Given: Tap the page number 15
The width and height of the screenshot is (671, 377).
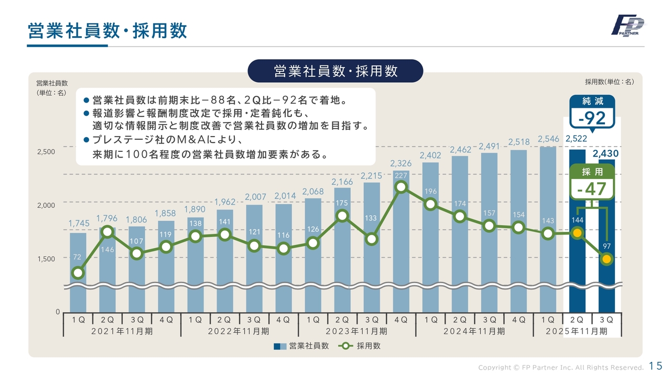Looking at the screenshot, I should pyautogui.click(x=655, y=365).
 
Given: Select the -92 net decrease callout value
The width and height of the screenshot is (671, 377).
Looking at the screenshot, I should pyautogui.click(x=592, y=119).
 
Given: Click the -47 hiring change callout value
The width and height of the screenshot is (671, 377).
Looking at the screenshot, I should pyautogui.click(x=592, y=189).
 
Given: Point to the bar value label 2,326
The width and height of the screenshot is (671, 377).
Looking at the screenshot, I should pyautogui.click(x=401, y=164).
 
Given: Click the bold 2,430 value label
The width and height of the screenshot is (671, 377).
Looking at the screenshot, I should pyautogui.click(x=605, y=154).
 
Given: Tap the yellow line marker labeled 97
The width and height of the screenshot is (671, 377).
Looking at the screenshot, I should pyautogui.click(x=607, y=259).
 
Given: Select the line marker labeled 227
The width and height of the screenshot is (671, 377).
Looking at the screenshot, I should pyautogui.click(x=401, y=187).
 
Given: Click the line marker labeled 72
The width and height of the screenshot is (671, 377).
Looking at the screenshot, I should pyautogui.click(x=78, y=273).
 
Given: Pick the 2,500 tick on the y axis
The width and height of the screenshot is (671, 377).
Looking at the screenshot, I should pyautogui.click(x=46, y=152).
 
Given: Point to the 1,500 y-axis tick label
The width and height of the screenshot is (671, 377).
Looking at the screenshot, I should pyautogui.click(x=46, y=259).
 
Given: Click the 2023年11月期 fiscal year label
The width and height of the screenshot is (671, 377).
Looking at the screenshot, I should pyautogui.click(x=357, y=331).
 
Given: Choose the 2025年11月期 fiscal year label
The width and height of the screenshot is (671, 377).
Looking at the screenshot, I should pyautogui.click(x=577, y=331).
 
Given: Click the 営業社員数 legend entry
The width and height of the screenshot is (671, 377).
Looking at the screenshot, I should pyautogui.click(x=301, y=346).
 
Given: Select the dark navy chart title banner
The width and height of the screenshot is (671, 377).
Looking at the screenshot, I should pyautogui.click(x=335, y=71).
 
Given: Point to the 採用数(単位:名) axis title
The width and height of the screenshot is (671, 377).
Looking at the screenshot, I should pyautogui.click(x=610, y=82).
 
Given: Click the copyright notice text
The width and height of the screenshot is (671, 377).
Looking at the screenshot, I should pyautogui.click(x=560, y=367).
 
